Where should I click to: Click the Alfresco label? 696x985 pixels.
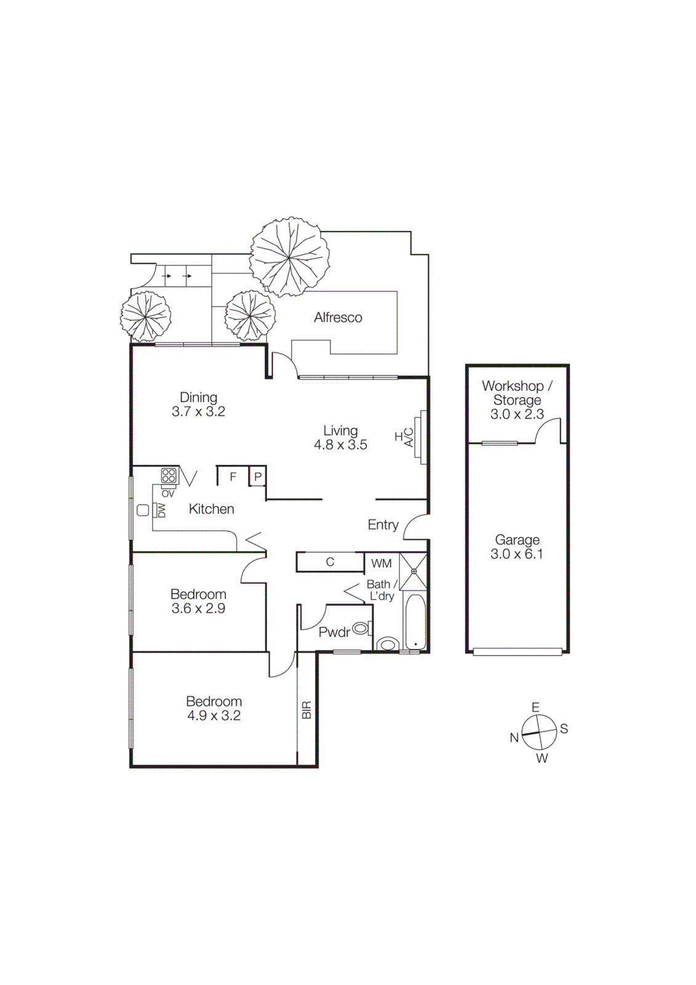click(338, 318)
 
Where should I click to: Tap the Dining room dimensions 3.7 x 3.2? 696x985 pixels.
click(198, 412)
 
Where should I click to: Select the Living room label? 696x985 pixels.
click(340, 430)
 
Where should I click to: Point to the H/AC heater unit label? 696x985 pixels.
click(404, 437)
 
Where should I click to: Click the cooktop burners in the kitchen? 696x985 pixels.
click(169, 475)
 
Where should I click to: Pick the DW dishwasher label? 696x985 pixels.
click(162, 510)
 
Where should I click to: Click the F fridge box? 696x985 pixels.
click(233, 476)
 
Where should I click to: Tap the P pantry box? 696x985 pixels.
click(258, 476)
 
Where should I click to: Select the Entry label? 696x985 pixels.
click(383, 525)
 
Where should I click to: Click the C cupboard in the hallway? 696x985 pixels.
click(330, 562)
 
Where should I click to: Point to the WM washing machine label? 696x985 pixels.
click(381, 563)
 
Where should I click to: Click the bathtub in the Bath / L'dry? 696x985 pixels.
click(415, 622)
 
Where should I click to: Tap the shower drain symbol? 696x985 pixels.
click(414, 571)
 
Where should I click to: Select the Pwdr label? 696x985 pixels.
click(334, 632)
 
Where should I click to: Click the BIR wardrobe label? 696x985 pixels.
click(306, 710)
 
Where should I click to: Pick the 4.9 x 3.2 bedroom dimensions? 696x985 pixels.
click(214, 716)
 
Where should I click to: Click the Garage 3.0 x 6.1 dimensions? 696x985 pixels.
click(516, 554)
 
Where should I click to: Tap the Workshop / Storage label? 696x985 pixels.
click(517, 393)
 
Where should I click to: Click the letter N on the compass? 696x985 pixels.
click(514, 738)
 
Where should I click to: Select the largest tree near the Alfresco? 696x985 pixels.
click(289, 257)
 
